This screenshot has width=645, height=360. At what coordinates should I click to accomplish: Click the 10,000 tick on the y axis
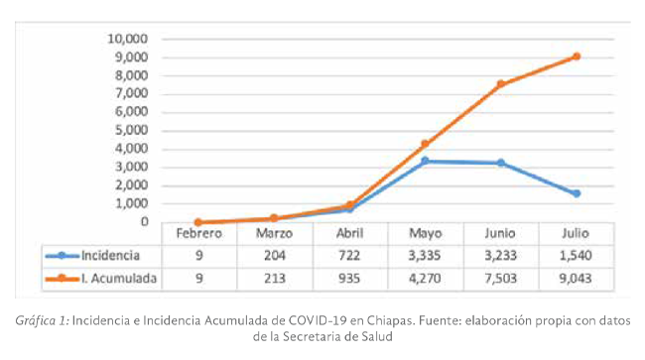pyautogui.click(x=126, y=39)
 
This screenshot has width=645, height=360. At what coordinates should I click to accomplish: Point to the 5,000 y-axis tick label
pyautogui.click(x=129, y=130)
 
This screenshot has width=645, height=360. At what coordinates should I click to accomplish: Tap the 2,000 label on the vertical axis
pyautogui.click(x=129, y=185)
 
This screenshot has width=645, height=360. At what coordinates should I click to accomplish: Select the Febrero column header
pyautogui.click(x=199, y=234)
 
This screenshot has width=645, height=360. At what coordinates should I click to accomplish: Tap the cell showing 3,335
pyautogui.click(x=425, y=256)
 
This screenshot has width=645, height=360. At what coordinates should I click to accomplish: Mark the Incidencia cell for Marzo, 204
pyautogui.click(x=275, y=256)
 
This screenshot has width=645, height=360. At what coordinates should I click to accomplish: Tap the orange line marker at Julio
pyautogui.click(x=576, y=57)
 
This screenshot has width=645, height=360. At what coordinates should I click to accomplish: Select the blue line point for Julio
pyautogui.click(x=576, y=193)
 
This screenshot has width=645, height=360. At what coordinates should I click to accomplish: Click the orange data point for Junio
pyautogui.click(x=500, y=84)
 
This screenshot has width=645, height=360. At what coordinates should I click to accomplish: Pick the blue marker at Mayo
pyautogui.click(x=425, y=161)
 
